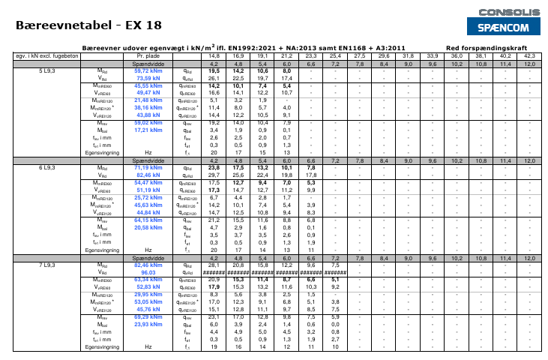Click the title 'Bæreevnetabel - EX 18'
[x=88, y=25]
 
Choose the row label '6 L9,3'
[x=47, y=167]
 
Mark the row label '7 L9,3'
[x=47, y=265]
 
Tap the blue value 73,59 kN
[x=148, y=77]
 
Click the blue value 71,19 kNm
[x=148, y=167]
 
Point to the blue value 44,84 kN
[x=148, y=212]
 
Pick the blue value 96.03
[x=148, y=272]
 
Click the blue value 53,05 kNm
[x=148, y=302]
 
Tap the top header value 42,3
[x=529, y=55]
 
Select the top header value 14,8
[x=215, y=55]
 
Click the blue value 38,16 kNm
[x=148, y=107]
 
